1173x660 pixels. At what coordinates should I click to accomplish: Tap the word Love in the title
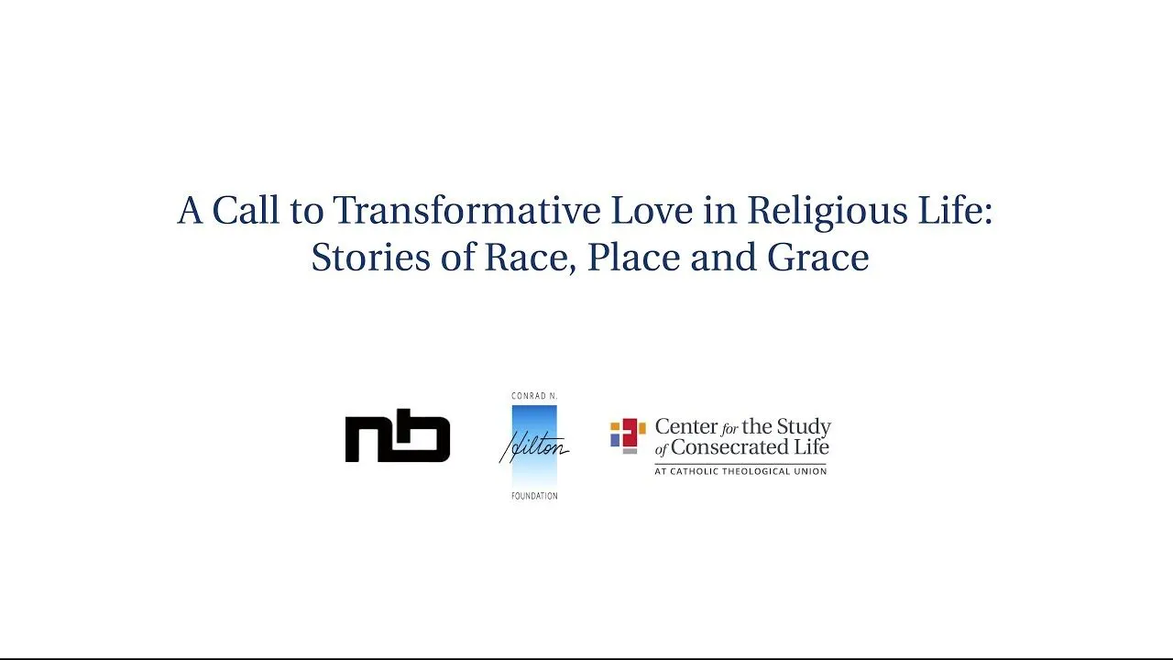click(653, 212)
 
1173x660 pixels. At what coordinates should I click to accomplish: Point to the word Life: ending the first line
click(955, 212)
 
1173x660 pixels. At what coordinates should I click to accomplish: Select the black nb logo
click(398, 436)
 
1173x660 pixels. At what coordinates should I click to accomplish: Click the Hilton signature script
click(533, 448)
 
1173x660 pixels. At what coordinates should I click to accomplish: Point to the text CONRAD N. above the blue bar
click(533, 396)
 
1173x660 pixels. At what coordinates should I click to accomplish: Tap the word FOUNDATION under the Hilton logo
click(533, 496)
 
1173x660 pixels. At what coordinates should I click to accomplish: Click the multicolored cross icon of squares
click(628, 435)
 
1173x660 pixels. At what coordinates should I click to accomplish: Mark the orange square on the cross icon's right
click(641, 427)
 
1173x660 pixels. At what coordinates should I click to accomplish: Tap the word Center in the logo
click(685, 427)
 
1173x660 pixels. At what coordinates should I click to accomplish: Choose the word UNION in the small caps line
click(809, 471)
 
